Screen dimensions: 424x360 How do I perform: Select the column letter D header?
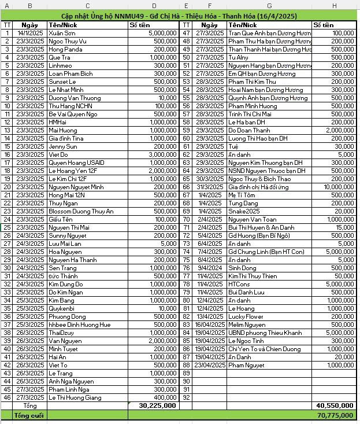pyautogui.click(x=153, y=5)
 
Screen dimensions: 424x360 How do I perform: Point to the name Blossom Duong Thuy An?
pyautogui.click(x=80, y=211)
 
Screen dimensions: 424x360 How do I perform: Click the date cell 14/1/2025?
pyautogui.click(x=30, y=34)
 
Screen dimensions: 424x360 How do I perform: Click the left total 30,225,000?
pyautogui.click(x=157, y=406)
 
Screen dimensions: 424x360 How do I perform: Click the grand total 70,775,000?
pyautogui.click(x=335, y=415)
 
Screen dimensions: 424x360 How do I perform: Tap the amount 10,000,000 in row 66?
pyautogui.click(x=335, y=187)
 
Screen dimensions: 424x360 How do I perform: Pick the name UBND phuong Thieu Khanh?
pyautogui.click(x=265, y=333)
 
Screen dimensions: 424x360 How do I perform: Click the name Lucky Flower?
pyautogui.click(x=246, y=316)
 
